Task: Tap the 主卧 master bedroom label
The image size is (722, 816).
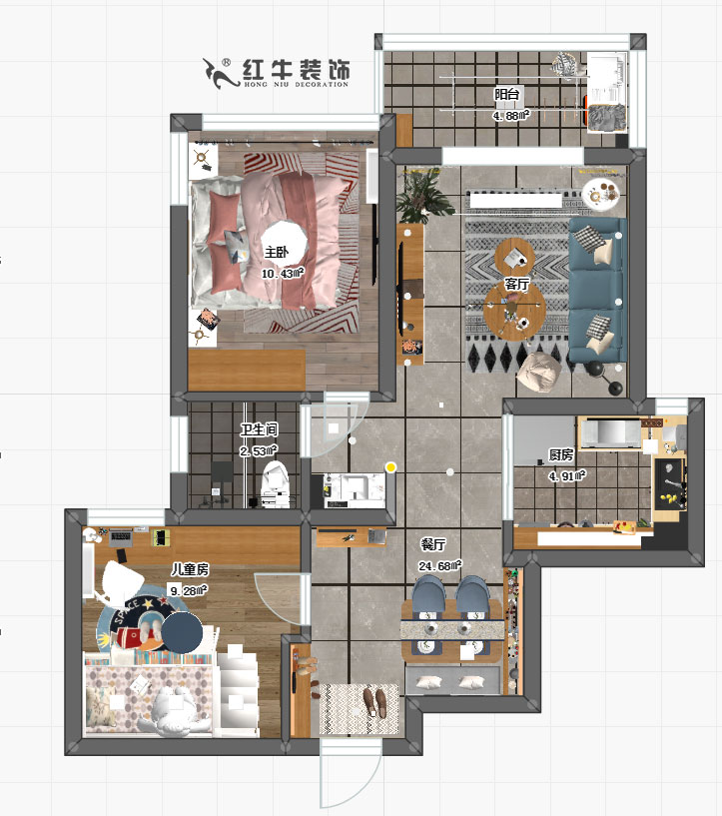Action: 277,252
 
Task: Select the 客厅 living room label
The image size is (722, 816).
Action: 516,284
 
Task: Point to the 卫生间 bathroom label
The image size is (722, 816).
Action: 258,430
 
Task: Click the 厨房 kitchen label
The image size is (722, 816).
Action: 561,455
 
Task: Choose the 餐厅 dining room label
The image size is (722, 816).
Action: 432,545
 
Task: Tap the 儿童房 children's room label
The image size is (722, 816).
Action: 189,569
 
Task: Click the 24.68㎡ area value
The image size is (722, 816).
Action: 440,566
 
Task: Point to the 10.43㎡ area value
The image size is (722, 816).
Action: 283,273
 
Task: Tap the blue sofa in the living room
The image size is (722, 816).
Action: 597,290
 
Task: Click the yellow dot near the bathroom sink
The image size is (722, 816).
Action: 391,466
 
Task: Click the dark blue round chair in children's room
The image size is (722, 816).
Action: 183,632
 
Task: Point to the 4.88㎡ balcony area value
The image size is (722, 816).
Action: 510,115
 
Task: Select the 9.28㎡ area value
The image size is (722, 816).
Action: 188,589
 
